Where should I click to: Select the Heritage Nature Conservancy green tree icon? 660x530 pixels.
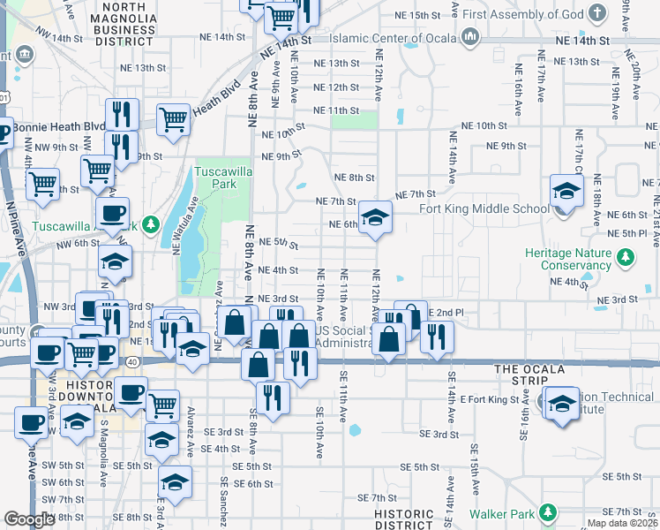coord(626,257)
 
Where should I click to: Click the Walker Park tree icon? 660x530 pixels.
coord(549,512)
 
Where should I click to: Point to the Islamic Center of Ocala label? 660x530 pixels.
coord(394,38)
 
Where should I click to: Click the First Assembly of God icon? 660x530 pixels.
coord(598,13)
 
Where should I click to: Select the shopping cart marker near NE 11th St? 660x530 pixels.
coord(174,119)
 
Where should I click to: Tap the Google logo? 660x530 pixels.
coord(29,519)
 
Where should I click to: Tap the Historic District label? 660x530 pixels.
coord(403,519)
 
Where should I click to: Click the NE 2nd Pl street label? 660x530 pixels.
coord(446,313)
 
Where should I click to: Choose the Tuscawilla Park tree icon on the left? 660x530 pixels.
coord(151,225)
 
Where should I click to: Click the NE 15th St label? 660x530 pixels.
coord(418,16)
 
